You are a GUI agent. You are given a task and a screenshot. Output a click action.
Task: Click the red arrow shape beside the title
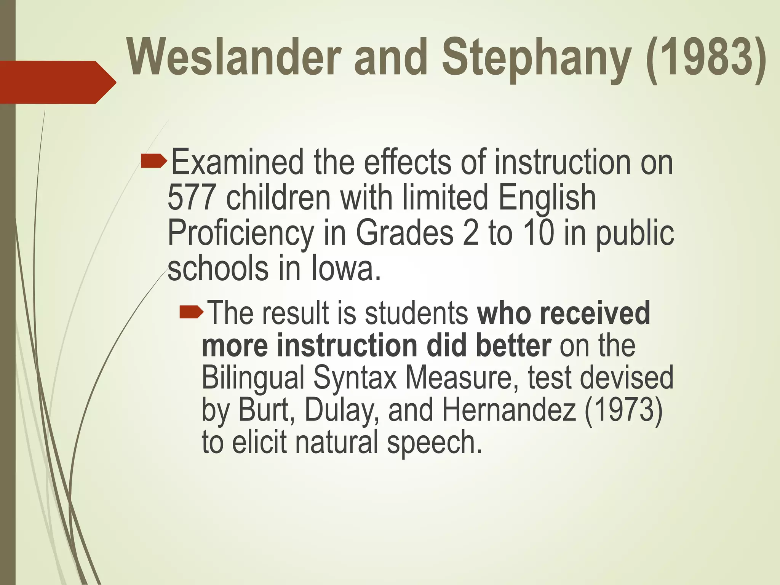point(57,82)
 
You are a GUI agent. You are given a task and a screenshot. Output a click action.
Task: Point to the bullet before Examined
point(153,161)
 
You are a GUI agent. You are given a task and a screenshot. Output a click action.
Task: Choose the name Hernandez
point(509,410)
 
